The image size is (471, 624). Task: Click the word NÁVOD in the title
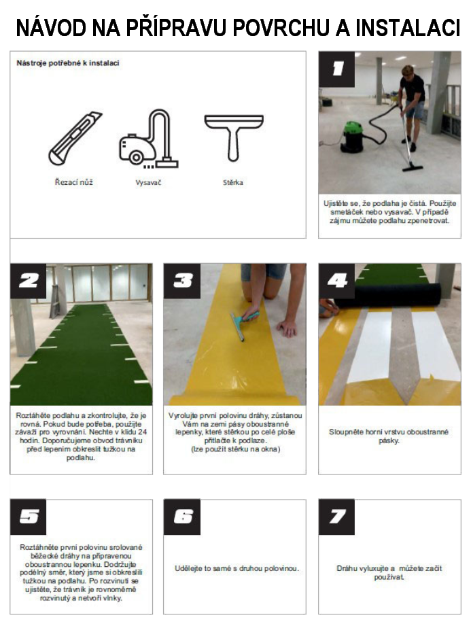51,28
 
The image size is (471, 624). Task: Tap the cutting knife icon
75,139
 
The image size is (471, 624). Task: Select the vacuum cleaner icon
148,139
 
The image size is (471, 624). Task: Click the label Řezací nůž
73,182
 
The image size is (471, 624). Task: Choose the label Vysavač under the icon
148,183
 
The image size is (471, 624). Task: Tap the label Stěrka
232,183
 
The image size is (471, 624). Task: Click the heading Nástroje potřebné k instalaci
68,63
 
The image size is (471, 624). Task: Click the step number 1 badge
336,69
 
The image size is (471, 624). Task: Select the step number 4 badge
336,281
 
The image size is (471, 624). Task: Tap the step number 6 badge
182,517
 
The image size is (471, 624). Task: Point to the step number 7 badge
336,517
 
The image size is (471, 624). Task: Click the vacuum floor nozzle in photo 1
412,167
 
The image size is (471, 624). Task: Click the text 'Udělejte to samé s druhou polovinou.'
237,568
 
